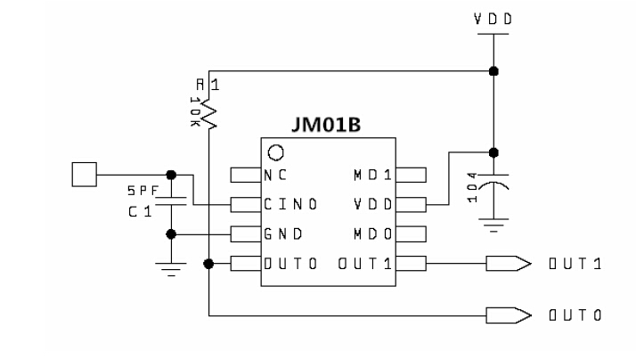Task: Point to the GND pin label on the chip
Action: pyautogui.click(x=281, y=234)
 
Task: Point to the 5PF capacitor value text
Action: pyautogui.click(x=141, y=190)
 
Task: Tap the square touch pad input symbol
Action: pyautogui.click(x=83, y=175)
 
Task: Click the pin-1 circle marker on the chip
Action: pyautogui.click(x=276, y=151)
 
